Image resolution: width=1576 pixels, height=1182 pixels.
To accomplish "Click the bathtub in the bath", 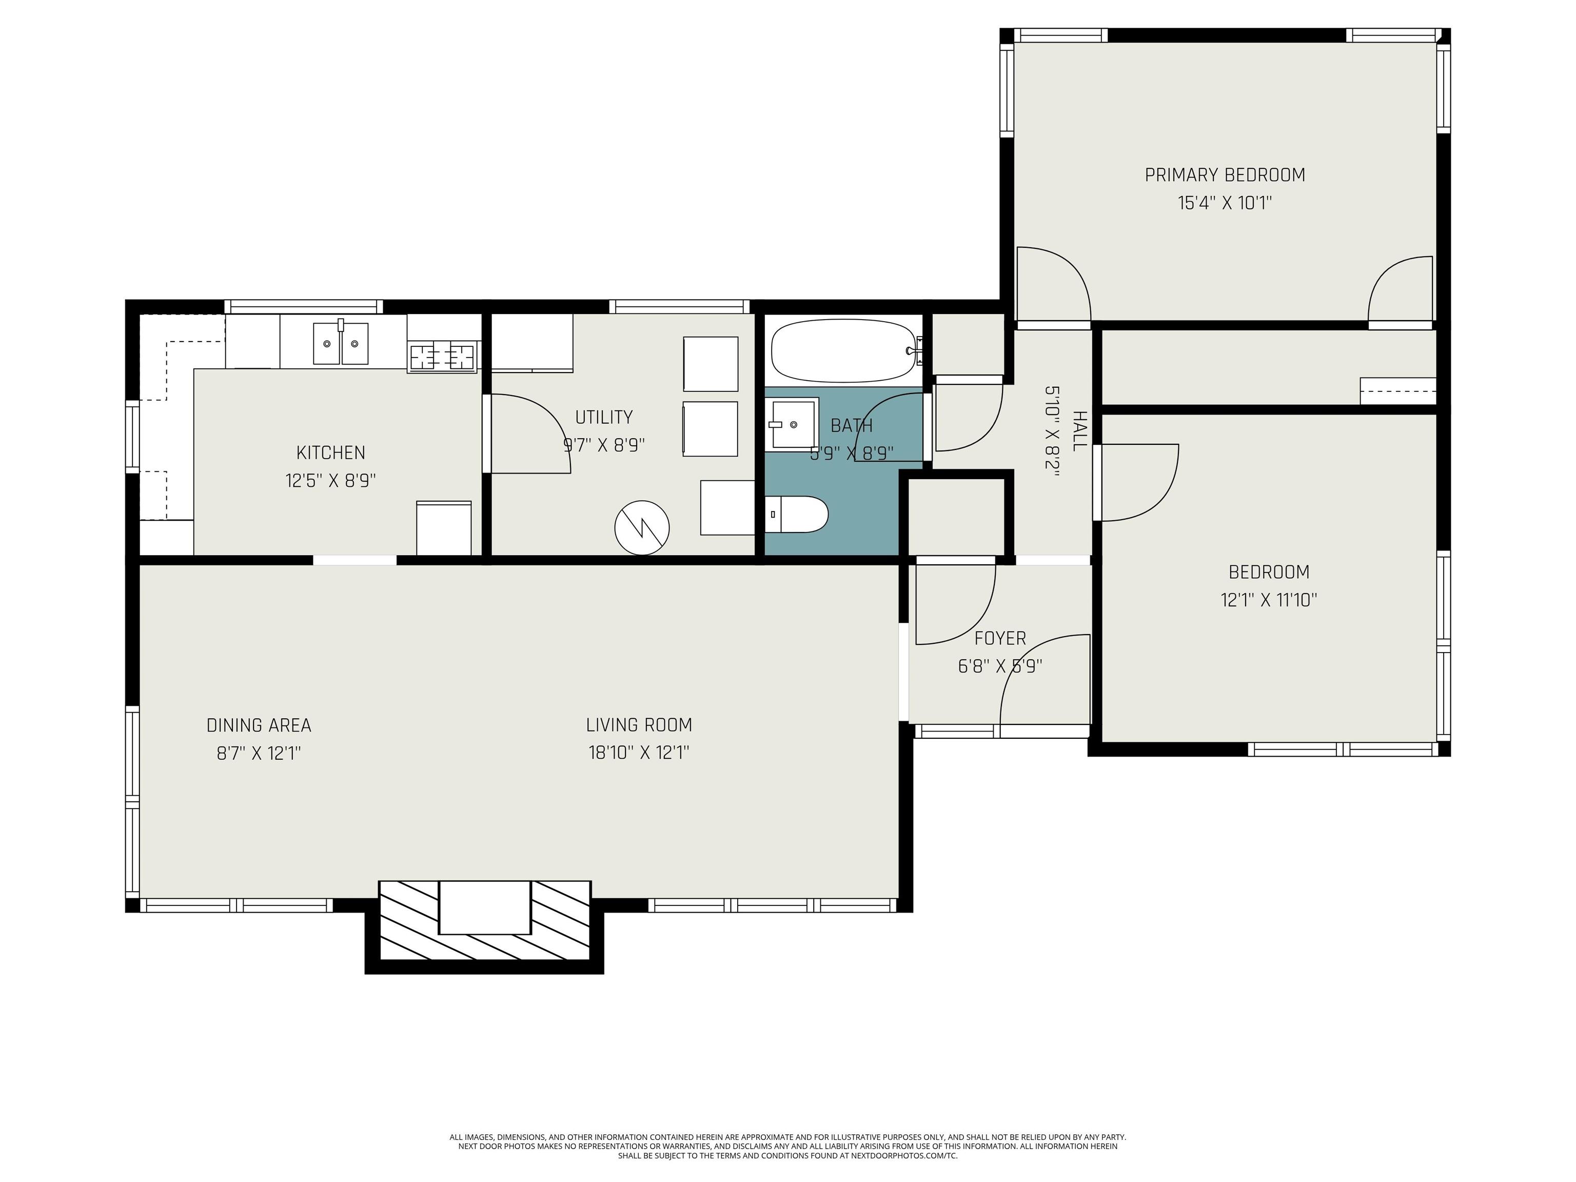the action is tap(843, 350).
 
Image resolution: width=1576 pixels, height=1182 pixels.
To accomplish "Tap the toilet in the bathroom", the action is tap(797, 515).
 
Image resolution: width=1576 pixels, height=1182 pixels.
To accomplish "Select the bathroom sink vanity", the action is tap(792, 424).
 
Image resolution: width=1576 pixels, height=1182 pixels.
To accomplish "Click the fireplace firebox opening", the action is tap(484, 907).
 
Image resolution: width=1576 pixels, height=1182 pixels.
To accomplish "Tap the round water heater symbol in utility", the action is tap(642, 528).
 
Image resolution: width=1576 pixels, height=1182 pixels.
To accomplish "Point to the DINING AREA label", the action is tap(259, 725).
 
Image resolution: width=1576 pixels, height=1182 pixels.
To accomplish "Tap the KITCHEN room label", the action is tap(330, 452).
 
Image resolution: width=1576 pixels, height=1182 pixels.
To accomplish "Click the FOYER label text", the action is tap(1000, 638).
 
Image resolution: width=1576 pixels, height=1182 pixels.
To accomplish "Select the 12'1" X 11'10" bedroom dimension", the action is tap(1269, 600).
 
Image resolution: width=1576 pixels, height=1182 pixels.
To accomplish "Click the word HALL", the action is tap(1079, 430).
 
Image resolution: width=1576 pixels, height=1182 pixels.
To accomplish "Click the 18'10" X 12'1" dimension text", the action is tap(639, 753).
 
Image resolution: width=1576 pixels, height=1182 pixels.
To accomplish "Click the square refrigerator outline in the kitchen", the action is tap(444, 528).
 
